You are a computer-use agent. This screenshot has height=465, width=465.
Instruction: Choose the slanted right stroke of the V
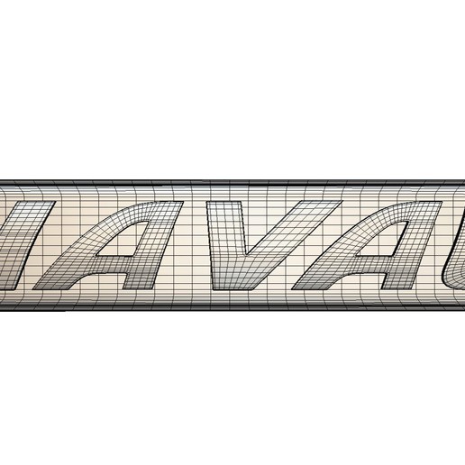click(x=288, y=234)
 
